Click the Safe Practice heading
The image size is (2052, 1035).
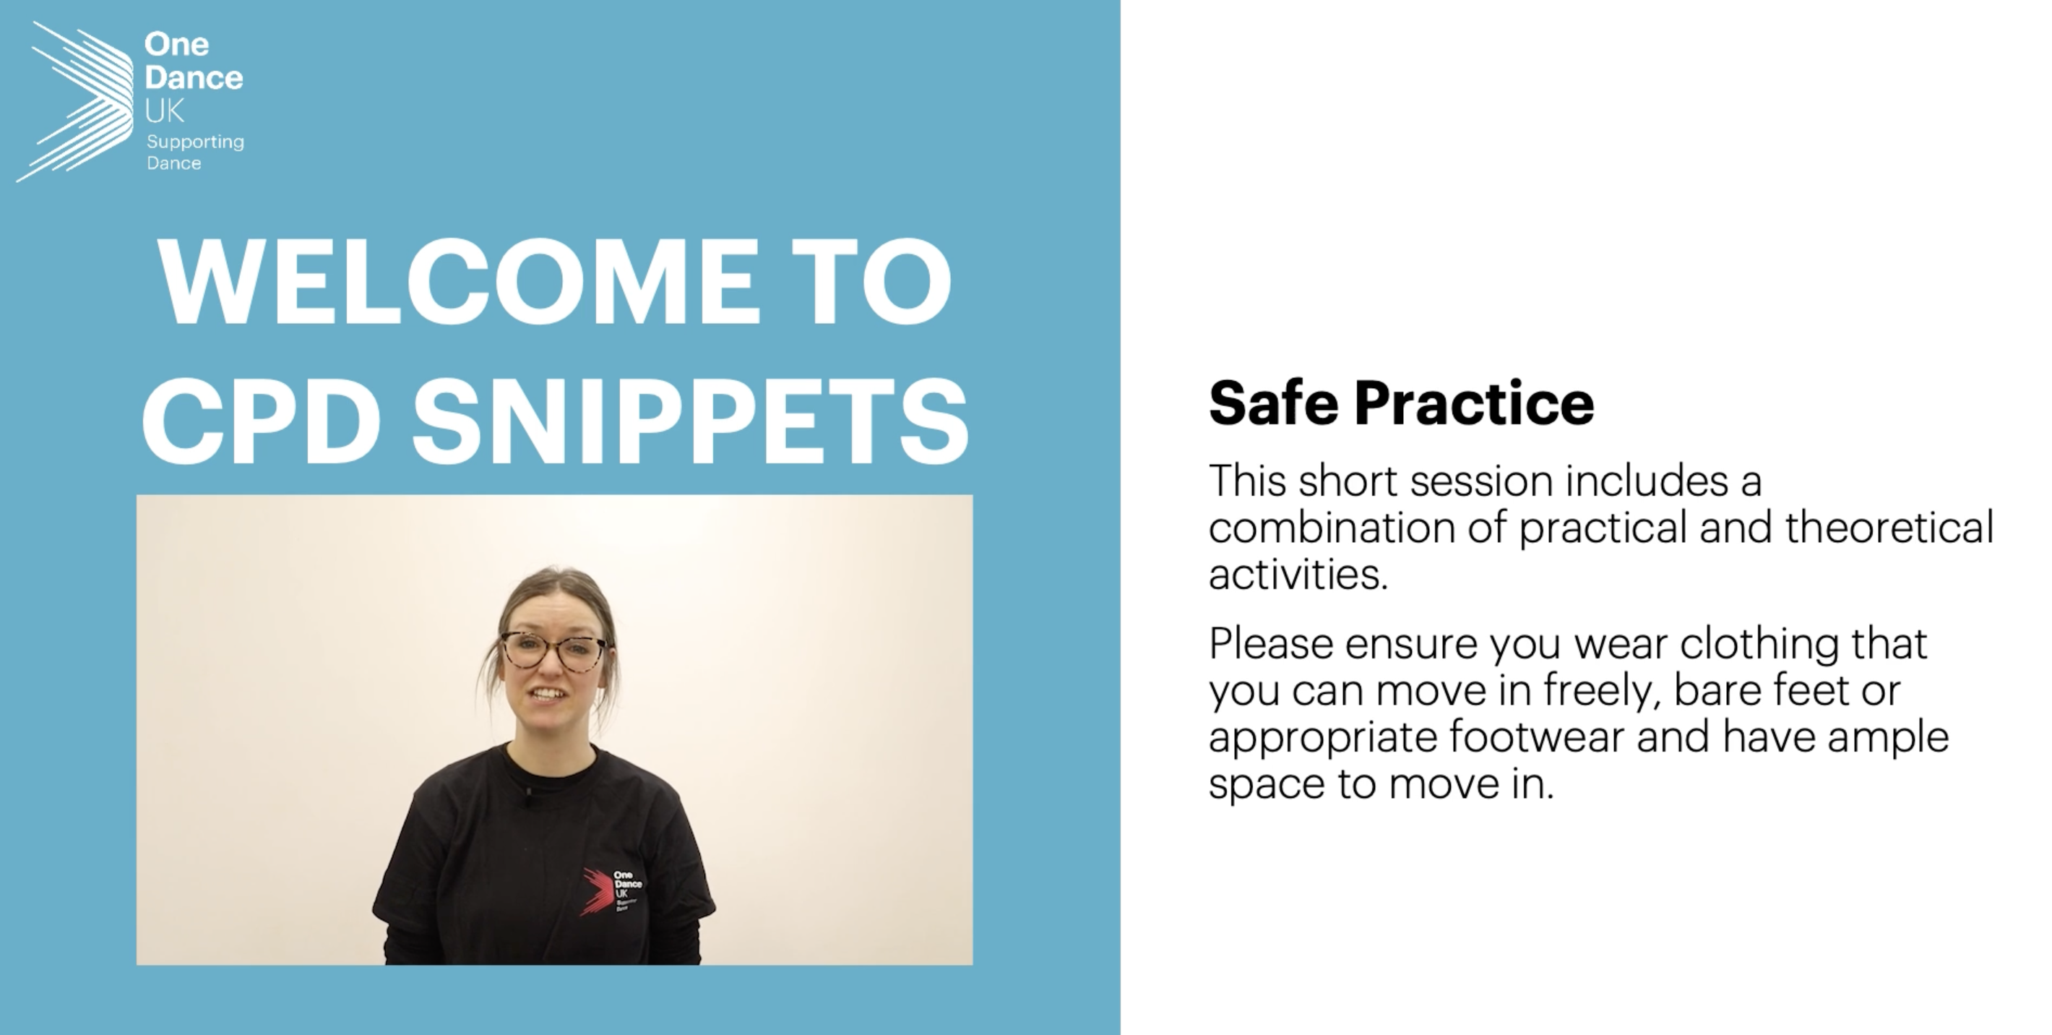[x=1401, y=403]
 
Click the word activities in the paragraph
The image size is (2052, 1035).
[x=1298, y=574]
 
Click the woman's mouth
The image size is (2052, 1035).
[x=549, y=693]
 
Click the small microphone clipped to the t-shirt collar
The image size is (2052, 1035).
[x=527, y=791]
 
